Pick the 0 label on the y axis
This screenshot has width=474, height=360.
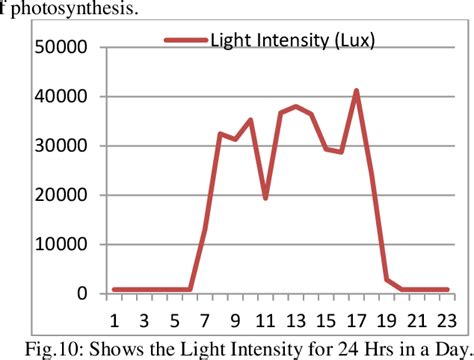pos(82,294)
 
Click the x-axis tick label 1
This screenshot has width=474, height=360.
pos(114,319)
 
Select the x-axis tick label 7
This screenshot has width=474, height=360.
pos(205,319)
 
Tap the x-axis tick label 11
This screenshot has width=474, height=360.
pos(265,319)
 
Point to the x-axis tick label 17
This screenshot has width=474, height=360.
pos(356,319)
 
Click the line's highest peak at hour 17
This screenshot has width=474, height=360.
pos(356,91)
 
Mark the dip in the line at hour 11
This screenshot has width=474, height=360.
pos(265,198)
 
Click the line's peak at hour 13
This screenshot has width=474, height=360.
pos(296,106)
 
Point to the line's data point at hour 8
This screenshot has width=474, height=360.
pos(220,133)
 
